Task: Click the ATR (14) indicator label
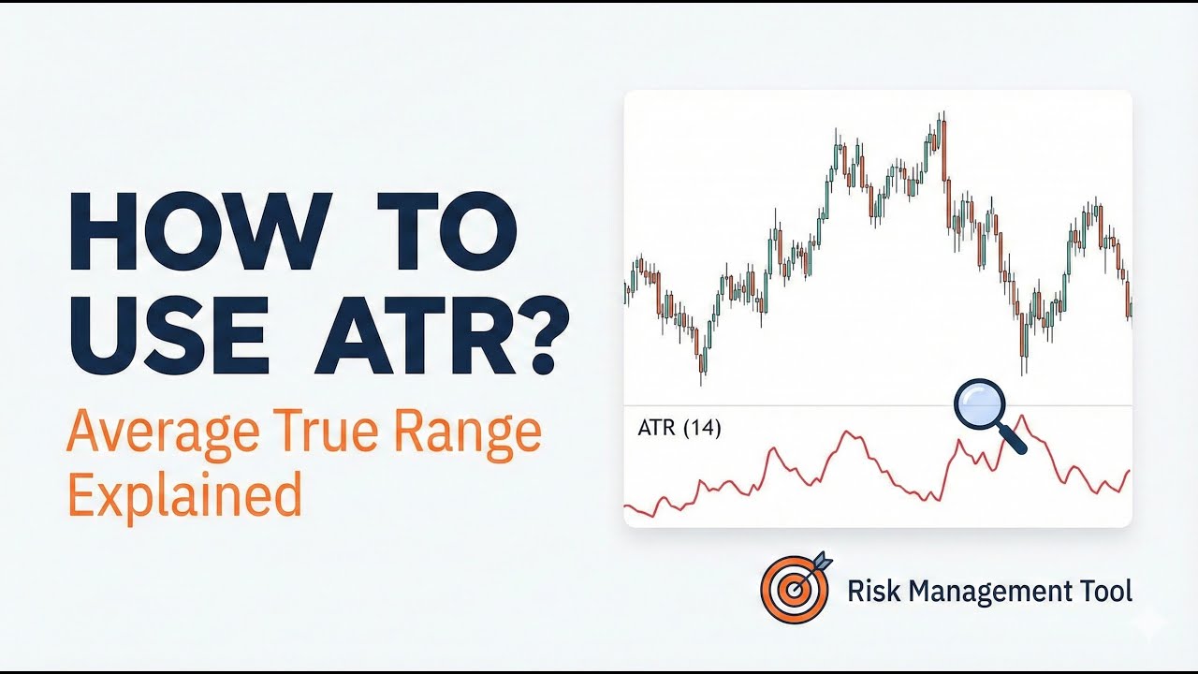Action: click(679, 429)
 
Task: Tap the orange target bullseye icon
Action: click(794, 589)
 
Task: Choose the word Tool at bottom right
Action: click(1105, 592)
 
